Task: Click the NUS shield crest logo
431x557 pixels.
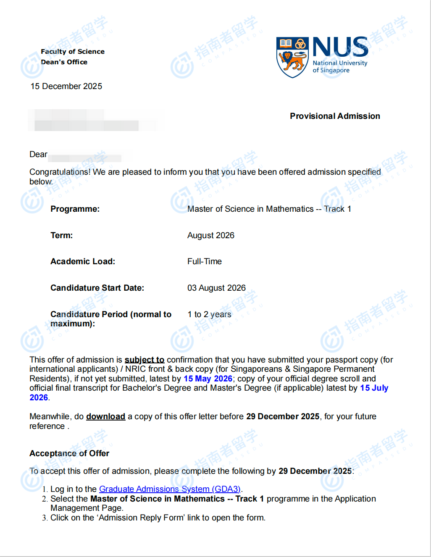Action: [x=293, y=57]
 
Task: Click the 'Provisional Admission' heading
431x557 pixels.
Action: [x=335, y=116]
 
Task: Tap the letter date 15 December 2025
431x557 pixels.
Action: [x=66, y=86]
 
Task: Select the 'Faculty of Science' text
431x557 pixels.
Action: [x=73, y=51]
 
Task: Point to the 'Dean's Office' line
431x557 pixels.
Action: [x=64, y=62]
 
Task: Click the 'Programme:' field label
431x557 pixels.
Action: [x=75, y=209]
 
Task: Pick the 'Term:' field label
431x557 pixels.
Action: [x=61, y=235]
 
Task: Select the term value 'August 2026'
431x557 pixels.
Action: [x=210, y=235]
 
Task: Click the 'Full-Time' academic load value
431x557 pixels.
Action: [x=204, y=261]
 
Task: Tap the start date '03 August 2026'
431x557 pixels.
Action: [x=216, y=288]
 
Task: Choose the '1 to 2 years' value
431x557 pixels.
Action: [x=209, y=314]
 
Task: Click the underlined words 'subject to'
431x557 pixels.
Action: [x=144, y=360]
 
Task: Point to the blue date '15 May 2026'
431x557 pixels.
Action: [x=208, y=378]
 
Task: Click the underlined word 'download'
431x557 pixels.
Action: [x=105, y=416]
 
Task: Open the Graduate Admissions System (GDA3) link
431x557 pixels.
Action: [x=170, y=489]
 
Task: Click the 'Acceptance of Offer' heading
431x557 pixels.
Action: [x=69, y=453]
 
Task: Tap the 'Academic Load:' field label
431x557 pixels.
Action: [x=82, y=261]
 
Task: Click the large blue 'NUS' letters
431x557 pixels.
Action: [x=340, y=47]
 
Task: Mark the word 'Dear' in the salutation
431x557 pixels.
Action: [x=38, y=154]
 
